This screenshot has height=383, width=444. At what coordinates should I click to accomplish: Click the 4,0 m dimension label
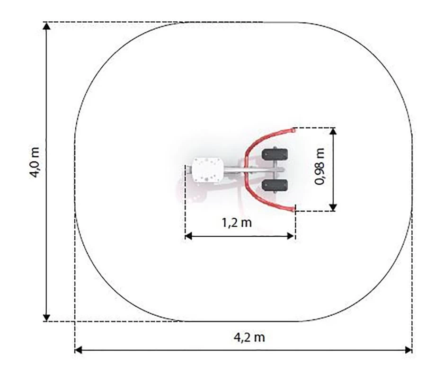tap(35, 162)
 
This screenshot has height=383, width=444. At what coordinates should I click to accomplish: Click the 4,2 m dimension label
tap(249, 338)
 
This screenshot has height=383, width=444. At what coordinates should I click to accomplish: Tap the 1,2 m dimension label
tap(237, 223)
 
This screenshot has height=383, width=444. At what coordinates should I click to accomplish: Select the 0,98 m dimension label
tap(320, 166)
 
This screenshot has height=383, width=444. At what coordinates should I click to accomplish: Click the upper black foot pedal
tap(275, 154)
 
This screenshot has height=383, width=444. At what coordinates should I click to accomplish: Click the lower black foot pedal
tap(275, 185)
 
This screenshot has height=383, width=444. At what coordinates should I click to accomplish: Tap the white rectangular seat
tap(208, 170)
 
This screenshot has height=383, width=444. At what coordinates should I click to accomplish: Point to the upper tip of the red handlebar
tap(293, 130)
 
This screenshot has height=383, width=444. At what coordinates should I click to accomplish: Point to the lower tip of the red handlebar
tap(293, 210)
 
